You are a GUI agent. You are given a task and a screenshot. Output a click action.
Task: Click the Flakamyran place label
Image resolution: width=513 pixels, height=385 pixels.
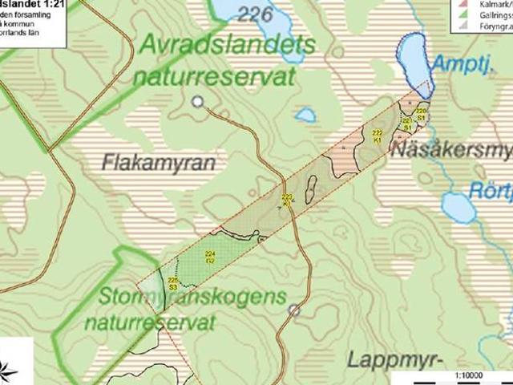pyautogui.click(x=160, y=162)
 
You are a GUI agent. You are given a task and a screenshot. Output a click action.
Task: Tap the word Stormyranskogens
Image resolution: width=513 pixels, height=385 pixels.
pyautogui.click(x=192, y=298)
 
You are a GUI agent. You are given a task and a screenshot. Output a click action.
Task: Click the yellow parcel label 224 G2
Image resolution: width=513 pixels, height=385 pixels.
pyautogui.click(x=210, y=257)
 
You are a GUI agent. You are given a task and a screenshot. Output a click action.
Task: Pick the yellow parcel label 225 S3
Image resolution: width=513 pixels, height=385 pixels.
pyautogui.click(x=172, y=283)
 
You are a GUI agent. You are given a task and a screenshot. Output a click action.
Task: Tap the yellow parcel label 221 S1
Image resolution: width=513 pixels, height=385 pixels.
pyautogui.click(x=407, y=124)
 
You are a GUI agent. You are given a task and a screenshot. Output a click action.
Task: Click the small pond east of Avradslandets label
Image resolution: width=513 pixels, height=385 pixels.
pyautogui.click(x=305, y=115)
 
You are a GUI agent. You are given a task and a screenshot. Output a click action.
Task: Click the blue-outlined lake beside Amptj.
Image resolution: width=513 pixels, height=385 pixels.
pyautogui.click(x=414, y=61)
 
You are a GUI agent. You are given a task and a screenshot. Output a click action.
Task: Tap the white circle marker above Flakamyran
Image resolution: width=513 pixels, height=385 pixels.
pyautogui.click(x=198, y=101)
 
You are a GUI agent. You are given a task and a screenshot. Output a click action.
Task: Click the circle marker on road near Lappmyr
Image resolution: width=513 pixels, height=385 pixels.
pyautogui.click(x=294, y=310)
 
